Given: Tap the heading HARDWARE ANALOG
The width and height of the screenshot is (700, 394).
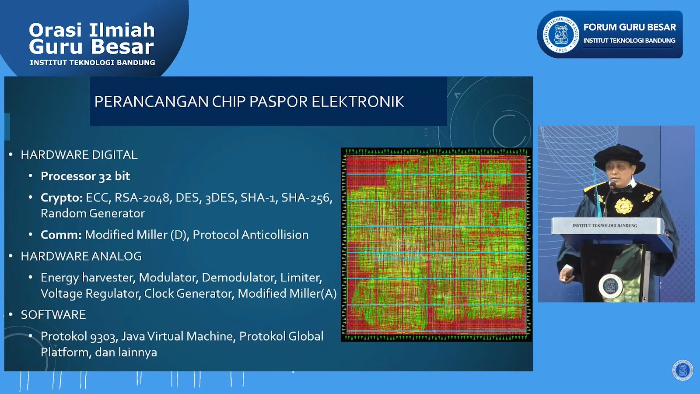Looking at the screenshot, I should click(81, 256).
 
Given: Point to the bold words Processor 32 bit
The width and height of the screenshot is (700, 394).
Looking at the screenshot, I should click(85, 176).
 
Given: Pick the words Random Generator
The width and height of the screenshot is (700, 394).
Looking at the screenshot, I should click(92, 213).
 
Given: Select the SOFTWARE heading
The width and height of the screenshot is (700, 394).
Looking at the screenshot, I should click(53, 315).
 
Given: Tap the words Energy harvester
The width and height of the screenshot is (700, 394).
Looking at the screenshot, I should click(87, 278).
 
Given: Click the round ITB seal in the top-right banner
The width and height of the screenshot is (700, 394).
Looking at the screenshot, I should click(561, 35).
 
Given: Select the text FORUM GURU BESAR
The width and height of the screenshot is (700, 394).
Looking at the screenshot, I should click(629, 27).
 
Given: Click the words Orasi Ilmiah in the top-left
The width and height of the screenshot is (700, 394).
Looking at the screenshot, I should click(92, 30).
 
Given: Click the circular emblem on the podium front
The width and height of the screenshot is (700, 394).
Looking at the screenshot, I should click(610, 286).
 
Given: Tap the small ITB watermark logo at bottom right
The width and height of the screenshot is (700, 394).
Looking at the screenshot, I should click(682, 370).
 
